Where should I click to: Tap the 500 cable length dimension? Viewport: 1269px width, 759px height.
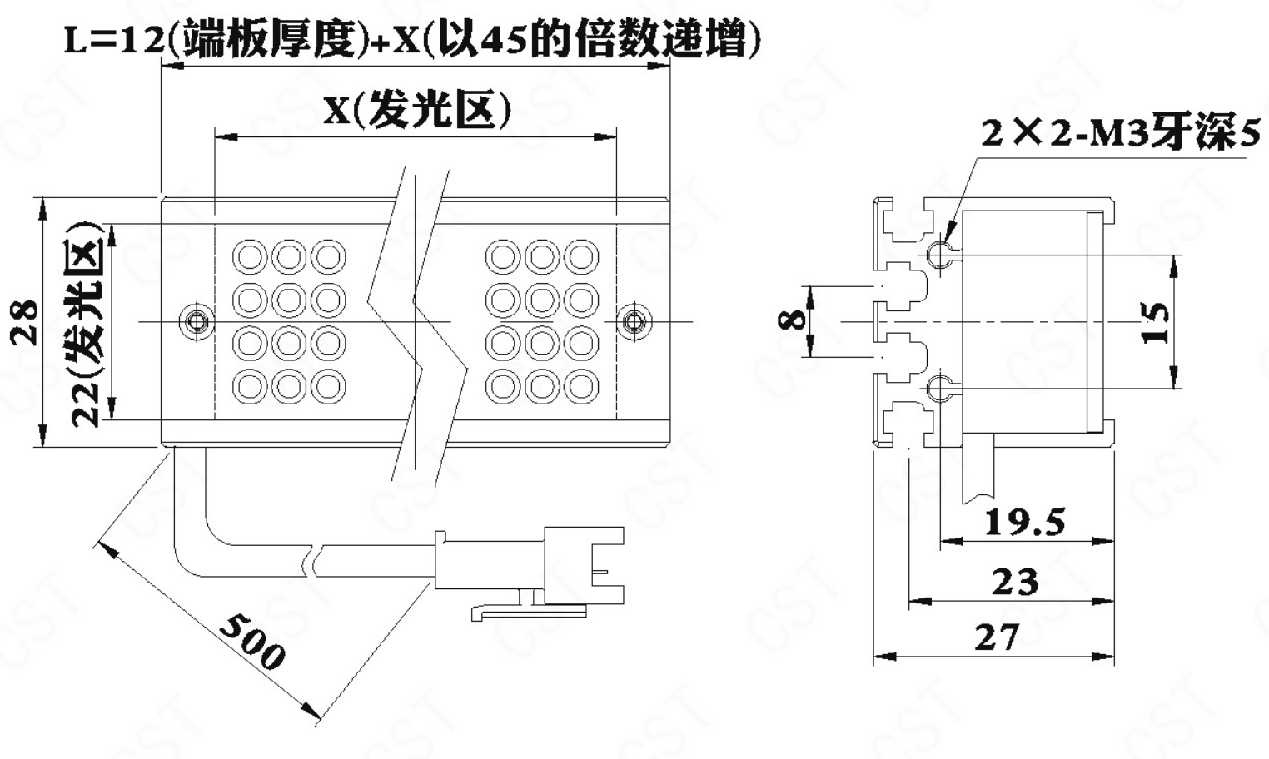[x=252, y=642]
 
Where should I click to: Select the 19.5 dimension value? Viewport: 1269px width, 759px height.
[x=1025, y=523]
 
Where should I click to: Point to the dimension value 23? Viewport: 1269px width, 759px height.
[x=1015, y=582]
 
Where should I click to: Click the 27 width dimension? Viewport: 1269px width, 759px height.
[x=997, y=637]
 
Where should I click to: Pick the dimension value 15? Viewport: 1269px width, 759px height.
[x=1157, y=323]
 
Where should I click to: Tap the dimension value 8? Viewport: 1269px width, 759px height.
[x=794, y=319]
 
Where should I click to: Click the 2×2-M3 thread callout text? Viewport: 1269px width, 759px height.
[x=1120, y=132]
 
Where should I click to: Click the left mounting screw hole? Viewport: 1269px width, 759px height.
[x=197, y=320]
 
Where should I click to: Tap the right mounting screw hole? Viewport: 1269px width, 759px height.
[x=634, y=320]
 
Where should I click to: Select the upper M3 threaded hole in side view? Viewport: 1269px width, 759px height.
[x=938, y=251]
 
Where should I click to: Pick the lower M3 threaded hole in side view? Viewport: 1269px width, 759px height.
[x=938, y=387]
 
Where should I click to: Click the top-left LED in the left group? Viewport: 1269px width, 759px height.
[x=249, y=256]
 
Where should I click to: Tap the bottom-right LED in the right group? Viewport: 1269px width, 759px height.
[x=581, y=386]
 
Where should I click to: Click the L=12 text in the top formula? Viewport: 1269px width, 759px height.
[x=114, y=42]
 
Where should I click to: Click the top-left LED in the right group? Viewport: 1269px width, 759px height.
[x=502, y=256]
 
